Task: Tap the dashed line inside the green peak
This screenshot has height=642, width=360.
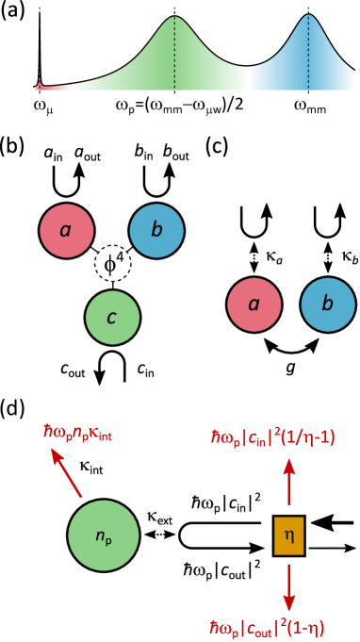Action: [x=174, y=57]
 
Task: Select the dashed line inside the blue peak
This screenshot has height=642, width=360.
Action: [x=308, y=57]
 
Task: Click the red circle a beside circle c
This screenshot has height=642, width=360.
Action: [x=67, y=230]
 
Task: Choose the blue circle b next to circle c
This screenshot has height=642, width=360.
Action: [x=156, y=230]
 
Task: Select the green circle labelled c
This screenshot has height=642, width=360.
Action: [x=112, y=318]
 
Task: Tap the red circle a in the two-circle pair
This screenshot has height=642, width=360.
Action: [x=254, y=305]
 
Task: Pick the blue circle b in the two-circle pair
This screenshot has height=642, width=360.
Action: [x=328, y=305]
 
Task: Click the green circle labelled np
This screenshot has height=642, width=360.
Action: [x=104, y=535]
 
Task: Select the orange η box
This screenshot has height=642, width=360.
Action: [x=288, y=535]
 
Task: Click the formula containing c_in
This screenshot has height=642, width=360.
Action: [x=272, y=439]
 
